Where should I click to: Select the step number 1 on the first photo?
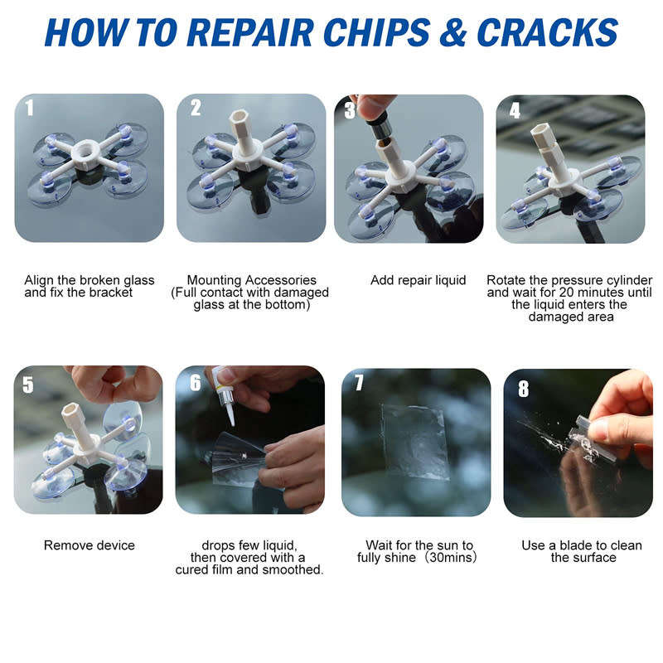click(30, 108)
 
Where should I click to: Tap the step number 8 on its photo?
click(523, 387)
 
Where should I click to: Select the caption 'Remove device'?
click(89, 545)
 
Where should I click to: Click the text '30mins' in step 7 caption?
click(452, 558)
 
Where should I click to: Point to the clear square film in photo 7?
click(415, 440)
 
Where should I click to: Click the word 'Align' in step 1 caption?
click(40, 280)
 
